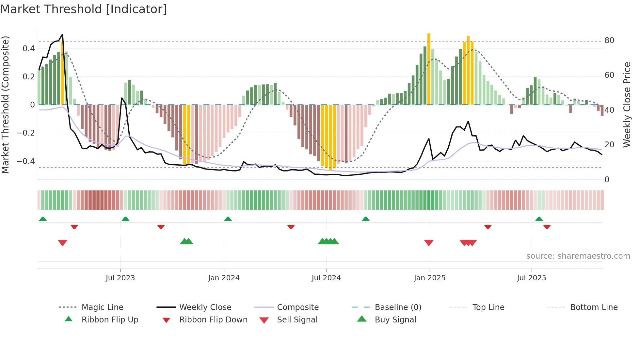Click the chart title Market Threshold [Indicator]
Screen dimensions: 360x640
pos(84,9)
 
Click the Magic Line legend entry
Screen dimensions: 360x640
pos(102,307)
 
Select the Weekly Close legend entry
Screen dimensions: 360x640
pos(205,307)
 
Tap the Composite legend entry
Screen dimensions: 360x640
pos(297,307)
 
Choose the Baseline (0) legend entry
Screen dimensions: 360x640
pos(398,307)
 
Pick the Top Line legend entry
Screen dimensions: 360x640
pos(488,307)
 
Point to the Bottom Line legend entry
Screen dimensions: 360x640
pos(594,307)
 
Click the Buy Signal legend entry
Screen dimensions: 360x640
pos(395,320)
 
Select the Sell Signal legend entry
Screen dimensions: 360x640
pos(297,320)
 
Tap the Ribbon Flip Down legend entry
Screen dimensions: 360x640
pos(213,320)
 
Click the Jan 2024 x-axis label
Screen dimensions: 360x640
pos(224,278)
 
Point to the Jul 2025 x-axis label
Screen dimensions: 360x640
pos(531,278)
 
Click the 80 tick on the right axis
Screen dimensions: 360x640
pos(609,41)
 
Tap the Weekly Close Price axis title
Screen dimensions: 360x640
pos(627,105)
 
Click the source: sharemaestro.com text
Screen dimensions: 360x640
pos(578,256)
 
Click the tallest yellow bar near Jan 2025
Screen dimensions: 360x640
pos(429,69)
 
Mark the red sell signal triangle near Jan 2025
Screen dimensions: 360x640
pos(429,243)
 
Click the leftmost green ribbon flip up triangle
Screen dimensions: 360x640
pos(43,219)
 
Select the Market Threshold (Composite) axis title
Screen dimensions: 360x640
pos(5,105)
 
